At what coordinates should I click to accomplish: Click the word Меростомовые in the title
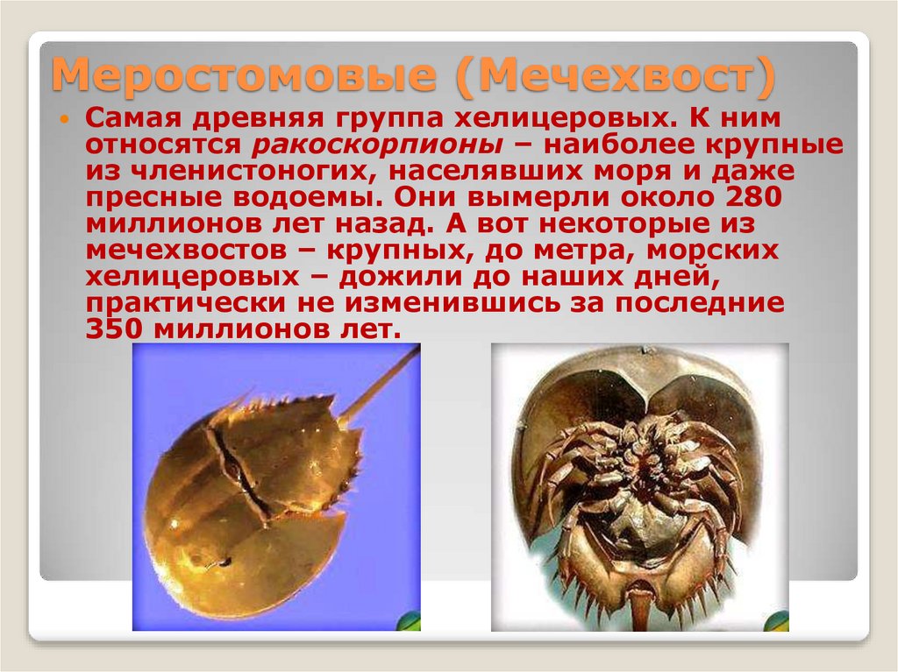click(242, 77)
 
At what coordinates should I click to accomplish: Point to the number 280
click(752, 197)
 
